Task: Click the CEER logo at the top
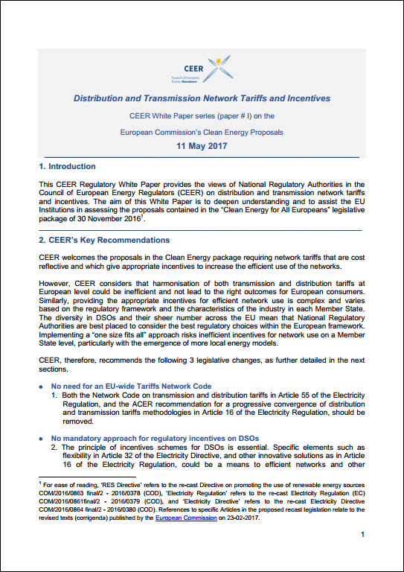(202, 71)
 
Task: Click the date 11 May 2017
(202, 146)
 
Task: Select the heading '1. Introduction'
(67, 167)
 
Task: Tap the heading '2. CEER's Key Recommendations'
(104, 241)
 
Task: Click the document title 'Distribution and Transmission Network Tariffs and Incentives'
(202, 98)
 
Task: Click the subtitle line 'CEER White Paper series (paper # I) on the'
(202, 115)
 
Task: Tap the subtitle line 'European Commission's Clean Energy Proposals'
(202, 132)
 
